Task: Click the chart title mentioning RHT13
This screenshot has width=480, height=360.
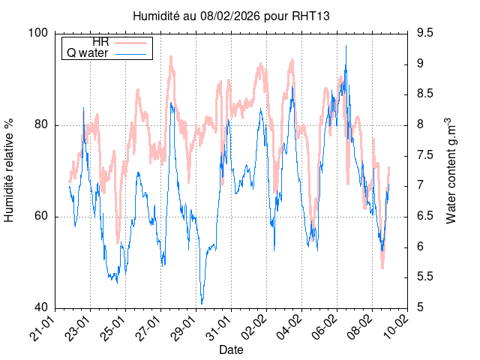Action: (x=231, y=15)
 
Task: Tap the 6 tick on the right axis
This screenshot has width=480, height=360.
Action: (x=420, y=247)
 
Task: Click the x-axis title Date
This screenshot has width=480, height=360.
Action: (x=231, y=350)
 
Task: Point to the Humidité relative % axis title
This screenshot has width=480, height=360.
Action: (x=10, y=170)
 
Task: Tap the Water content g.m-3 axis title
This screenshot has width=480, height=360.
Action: (x=451, y=170)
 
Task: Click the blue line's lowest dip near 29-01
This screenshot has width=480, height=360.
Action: (x=202, y=303)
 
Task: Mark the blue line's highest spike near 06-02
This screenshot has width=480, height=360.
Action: (x=346, y=46)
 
